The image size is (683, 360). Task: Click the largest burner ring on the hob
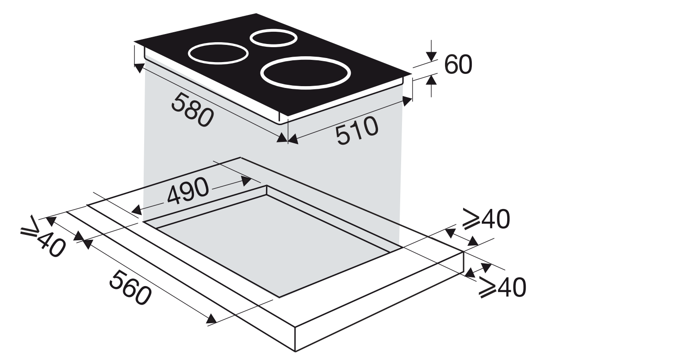(305, 73)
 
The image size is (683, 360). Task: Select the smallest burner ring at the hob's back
(273, 38)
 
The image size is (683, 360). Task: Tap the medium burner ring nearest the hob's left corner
(218, 54)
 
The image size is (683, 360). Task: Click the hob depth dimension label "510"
(357, 130)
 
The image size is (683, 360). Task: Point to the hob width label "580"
(193, 110)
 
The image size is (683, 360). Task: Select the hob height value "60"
(458, 64)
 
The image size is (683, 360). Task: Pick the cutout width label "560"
(131, 288)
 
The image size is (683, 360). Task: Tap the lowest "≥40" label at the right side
(502, 287)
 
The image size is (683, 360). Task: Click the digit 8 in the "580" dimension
(192, 110)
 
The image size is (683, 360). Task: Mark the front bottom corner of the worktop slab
(295, 351)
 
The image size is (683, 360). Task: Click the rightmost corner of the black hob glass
(412, 73)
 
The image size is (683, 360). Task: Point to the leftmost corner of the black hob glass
(134, 42)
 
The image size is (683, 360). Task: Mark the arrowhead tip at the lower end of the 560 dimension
(217, 321)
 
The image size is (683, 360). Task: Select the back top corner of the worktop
(241, 157)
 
